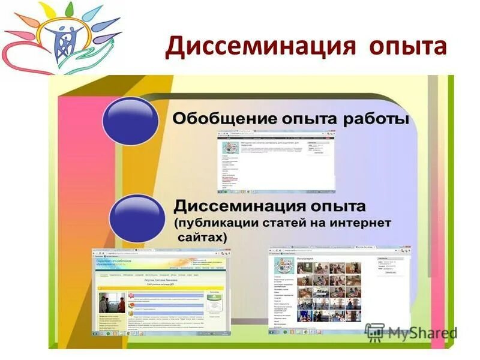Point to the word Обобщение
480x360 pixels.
(220, 119)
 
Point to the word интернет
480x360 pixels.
(358, 223)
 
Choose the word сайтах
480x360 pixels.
(202, 238)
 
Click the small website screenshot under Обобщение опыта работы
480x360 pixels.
(276, 162)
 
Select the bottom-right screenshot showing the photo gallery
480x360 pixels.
(340, 290)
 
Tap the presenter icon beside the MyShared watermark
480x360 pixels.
(375, 331)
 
